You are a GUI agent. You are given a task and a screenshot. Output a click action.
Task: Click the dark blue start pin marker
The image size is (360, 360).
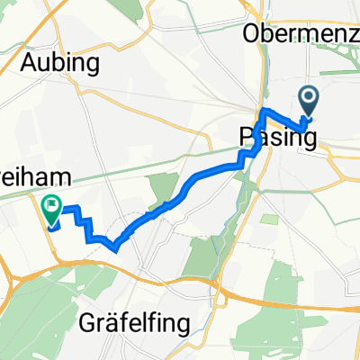click(308, 102)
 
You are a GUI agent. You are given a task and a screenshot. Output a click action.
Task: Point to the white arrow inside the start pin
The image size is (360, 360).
click(308, 98)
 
